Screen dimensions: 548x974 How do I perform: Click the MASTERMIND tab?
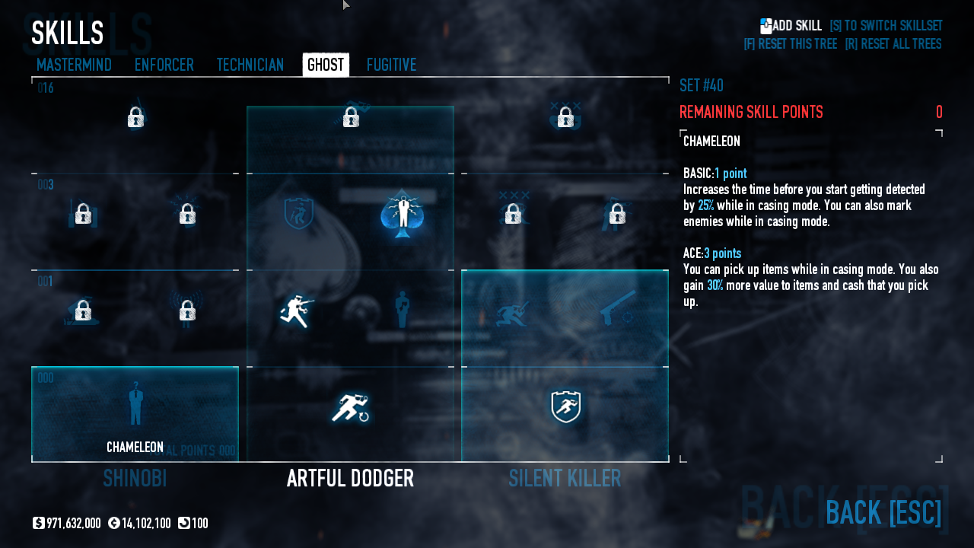click(x=74, y=65)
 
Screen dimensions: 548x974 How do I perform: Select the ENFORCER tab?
click(x=164, y=65)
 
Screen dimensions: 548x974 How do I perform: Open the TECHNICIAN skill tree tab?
click(x=250, y=65)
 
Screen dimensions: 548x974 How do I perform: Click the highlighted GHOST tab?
click(x=326, y=65)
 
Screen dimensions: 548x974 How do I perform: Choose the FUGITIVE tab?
click(x=391, y=65)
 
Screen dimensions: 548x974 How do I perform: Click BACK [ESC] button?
click(x=883, y=513)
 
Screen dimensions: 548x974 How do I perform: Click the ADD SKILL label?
click(x=796, y=26)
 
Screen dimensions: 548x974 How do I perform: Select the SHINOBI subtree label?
click(x=135, y=479)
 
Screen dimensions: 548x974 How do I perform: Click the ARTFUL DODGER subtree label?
click(x=350, y=479)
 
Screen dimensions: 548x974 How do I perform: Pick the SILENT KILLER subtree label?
click(x=565, y=479)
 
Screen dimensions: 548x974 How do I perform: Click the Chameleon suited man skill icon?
click(x=135, y=403)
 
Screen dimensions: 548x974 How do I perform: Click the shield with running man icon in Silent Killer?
click(x=565, y=407)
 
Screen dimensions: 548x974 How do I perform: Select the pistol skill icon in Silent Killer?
click(x=617, y=307)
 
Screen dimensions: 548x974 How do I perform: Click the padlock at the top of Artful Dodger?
click(x=351, y=117)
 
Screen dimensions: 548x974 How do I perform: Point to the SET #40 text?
click(x=701, y=85)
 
